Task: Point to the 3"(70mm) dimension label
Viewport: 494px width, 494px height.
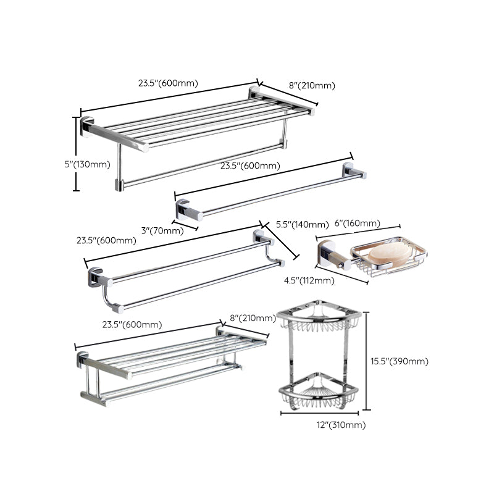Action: click(162, 230)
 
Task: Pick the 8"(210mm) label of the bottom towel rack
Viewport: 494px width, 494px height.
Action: click(252, 318)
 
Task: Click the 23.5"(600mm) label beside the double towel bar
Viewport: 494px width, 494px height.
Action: click(107, 240)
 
